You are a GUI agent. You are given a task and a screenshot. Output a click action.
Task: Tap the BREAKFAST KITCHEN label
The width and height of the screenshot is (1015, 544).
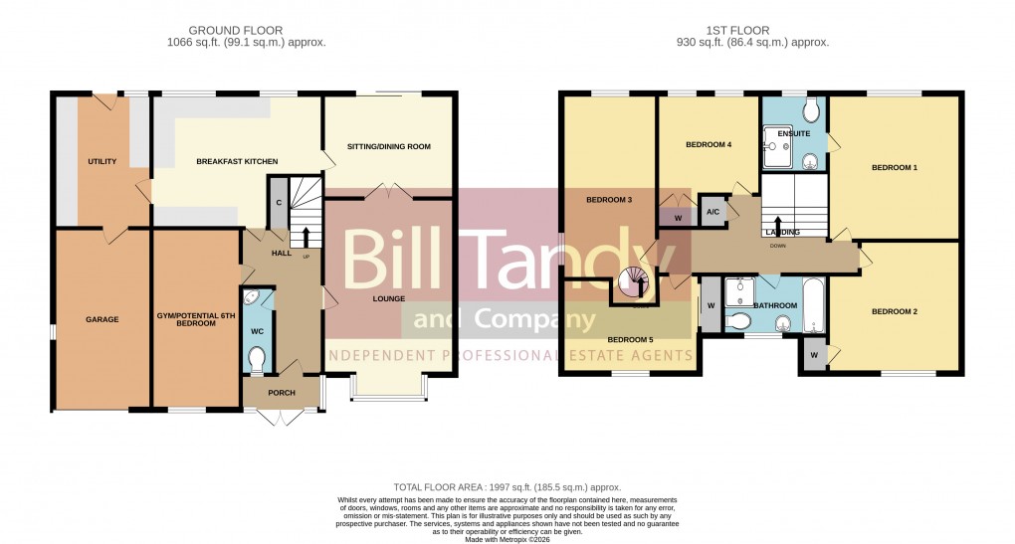pos(237,161)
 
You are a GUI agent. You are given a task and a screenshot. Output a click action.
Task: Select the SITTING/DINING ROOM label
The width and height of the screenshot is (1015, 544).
pos(388,146)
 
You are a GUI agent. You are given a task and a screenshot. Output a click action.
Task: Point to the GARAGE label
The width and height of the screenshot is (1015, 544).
pos(101,319)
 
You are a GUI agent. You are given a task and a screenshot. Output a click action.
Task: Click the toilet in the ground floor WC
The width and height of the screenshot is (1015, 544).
pos(256,359)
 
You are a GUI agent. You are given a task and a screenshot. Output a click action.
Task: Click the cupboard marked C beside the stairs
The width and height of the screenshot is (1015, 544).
pos(279,203)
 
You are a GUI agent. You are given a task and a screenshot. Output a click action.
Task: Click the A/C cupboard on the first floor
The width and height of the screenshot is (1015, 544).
pos(712,212)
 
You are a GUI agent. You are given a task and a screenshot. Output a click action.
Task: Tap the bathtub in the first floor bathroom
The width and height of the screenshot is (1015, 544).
pos(813,305)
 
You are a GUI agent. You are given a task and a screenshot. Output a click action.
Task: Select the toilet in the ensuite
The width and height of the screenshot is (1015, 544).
pos(809,107)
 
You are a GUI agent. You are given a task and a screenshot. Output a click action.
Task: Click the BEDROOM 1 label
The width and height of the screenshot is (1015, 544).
pos(894,167)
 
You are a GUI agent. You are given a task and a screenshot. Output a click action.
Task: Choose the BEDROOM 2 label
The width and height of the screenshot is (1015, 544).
pos(894,311)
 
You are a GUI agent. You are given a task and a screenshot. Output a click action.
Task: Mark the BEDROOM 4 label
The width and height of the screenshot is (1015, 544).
pos(709,144)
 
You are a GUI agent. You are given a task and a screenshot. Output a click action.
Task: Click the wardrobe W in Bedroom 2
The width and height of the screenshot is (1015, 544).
pos(813,355)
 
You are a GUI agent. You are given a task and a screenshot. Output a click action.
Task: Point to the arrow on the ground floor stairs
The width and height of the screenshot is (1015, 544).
pos(305,236)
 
